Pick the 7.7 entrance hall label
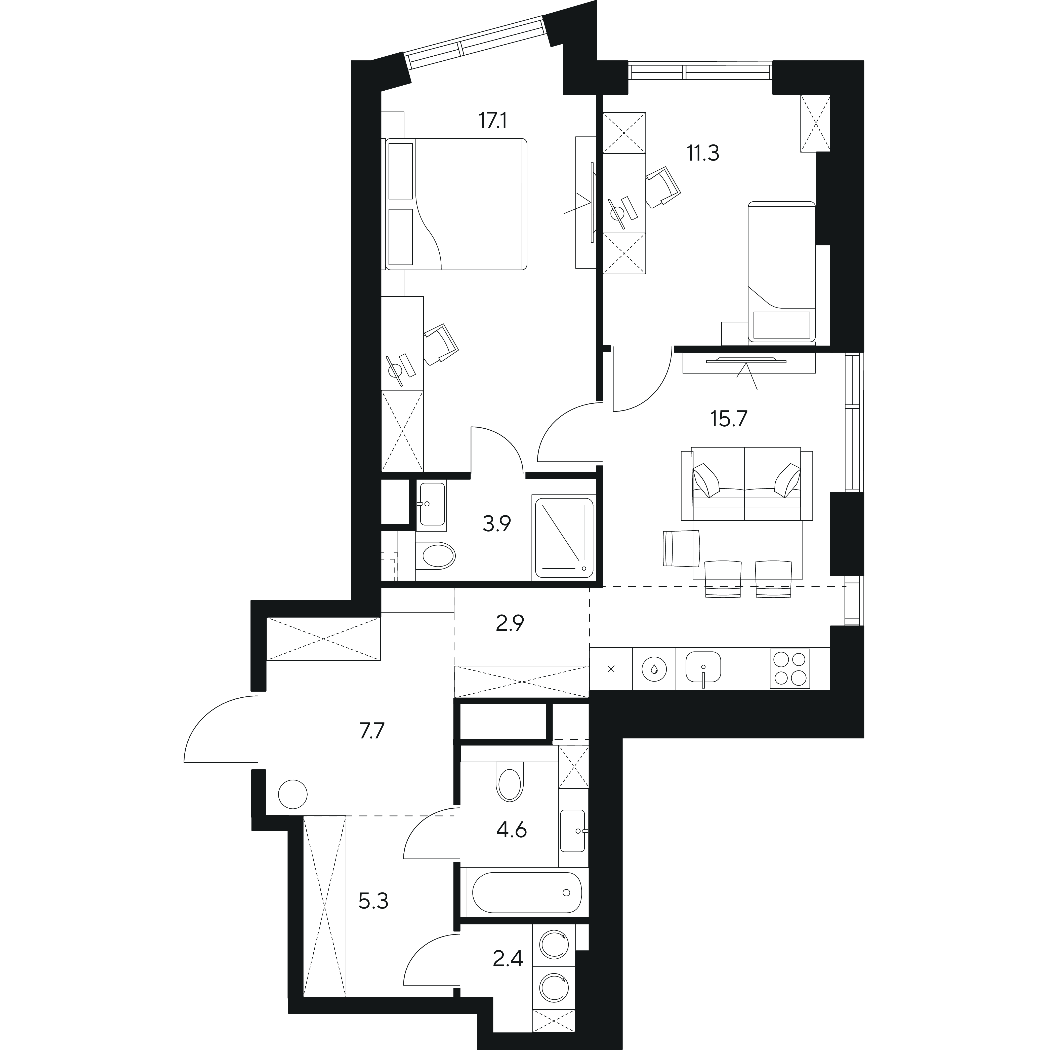[372, 731]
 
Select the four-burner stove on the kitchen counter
[789, 668]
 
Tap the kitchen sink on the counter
[703, 667]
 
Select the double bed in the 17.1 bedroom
[456, 204]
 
